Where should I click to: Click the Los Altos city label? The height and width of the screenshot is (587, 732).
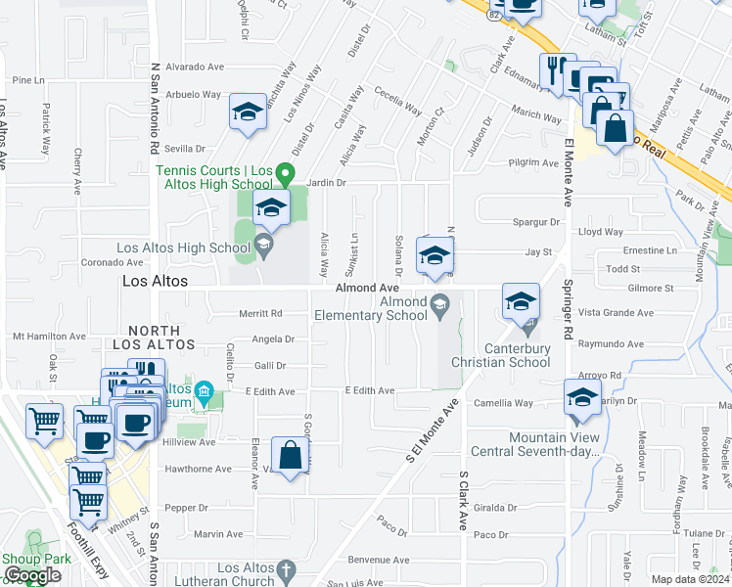point(154,280)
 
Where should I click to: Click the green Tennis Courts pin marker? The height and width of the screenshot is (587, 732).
point(285,174)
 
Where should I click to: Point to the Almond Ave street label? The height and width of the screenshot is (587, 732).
point(367,289)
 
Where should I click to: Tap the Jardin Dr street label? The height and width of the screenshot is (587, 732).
point(327,182)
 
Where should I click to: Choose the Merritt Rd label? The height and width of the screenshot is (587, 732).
point(260,314)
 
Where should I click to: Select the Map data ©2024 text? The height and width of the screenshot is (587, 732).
point(691,580)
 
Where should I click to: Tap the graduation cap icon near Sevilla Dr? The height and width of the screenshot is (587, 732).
point(249,113)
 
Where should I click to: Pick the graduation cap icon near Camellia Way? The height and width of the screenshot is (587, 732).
point(582,397)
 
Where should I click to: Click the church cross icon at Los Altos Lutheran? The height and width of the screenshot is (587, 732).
point(286,568)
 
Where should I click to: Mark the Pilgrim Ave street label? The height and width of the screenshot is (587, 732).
point(532,163)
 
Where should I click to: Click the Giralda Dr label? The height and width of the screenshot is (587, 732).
point(494,508)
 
